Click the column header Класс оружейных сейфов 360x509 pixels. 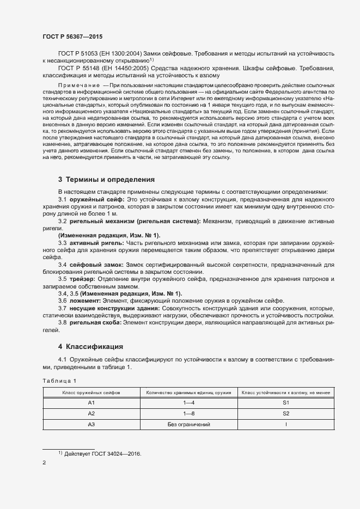(x=91, y=392)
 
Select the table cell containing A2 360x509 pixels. (x=91, y=413)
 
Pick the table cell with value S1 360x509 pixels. (x=286, y=403)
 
